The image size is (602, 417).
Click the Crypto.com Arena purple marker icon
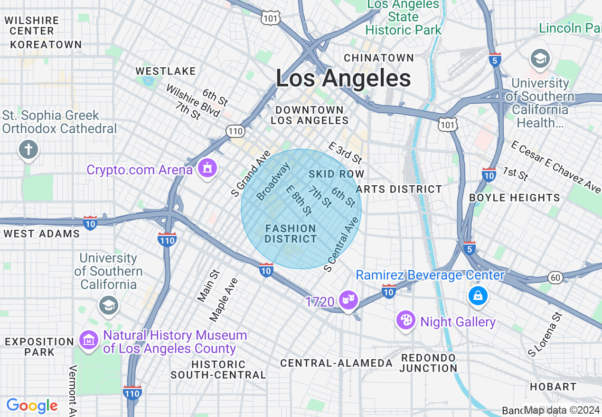(207, 168)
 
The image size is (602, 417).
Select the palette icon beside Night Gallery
(406, 320)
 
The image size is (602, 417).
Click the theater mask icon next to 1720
(348, 300)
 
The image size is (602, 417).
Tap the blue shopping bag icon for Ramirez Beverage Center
(478, 296)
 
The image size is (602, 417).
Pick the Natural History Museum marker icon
(89, 339)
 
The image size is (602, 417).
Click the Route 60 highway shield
(555, 277)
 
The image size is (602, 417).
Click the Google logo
(32, 406)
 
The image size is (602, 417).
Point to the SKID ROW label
(336, 174)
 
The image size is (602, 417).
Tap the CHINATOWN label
(379, 58)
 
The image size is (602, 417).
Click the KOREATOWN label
(46, 45)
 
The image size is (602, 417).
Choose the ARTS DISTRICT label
(399, 189)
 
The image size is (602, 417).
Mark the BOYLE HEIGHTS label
(515, 198)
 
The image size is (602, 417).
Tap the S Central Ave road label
(341, 245)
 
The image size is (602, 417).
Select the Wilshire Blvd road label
(193, 100)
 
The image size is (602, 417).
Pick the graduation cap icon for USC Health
(540, 59)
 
